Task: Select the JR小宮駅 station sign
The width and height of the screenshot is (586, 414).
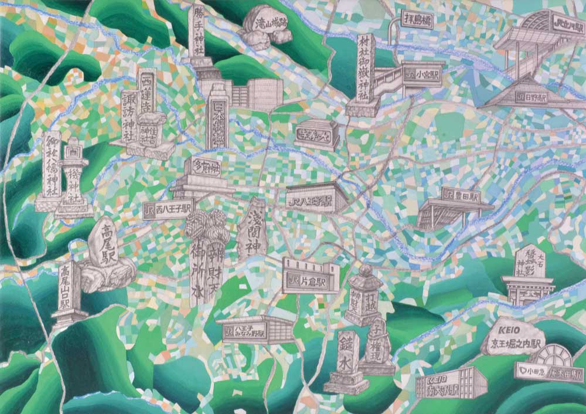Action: [424, 74]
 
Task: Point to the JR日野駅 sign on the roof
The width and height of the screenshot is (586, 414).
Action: [532, 97]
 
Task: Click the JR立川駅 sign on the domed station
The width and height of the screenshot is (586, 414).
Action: [562, 25]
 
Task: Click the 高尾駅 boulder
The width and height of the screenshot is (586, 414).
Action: [107, 243]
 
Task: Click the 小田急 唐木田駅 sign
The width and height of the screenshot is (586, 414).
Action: [550, 371]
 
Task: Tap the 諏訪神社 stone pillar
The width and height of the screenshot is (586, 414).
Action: [130, 117]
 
